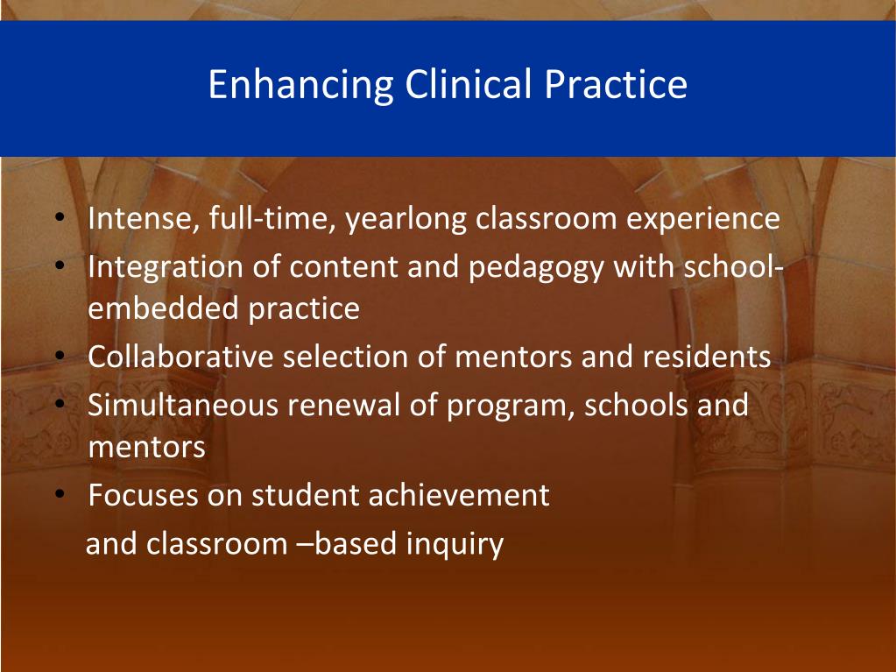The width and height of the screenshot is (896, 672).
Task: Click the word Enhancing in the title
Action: (x=301, y=86)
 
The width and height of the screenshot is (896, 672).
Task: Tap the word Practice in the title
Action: (x=616, y=84)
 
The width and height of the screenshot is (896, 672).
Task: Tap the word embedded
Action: (x=163, y=308)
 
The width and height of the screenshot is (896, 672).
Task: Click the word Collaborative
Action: (x=180, y=357)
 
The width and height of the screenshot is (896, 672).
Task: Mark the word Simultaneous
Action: (x=183, y=405)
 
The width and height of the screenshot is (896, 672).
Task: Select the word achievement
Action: (x=459, y=495)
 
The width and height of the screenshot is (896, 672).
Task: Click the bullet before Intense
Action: (x=60, y=217)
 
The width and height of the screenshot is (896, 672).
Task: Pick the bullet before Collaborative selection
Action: (x=60, y=356)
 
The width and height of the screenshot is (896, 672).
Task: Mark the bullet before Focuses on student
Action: (x=60, y=494)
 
